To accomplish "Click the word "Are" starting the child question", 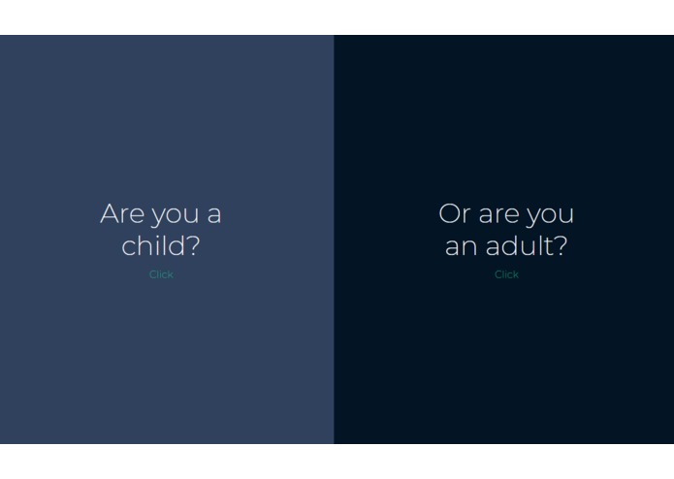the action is coord(122,213).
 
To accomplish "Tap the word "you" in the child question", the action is coord(176,216).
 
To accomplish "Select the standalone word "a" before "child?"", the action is coord(214,214).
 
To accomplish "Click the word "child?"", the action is coord(161,245).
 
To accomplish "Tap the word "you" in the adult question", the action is coord(550,216).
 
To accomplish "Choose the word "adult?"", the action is coord(527,245).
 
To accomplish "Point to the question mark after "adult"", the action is coord(561,245).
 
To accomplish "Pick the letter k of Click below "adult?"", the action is coord(516,274).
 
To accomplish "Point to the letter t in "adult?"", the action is coord(548,246).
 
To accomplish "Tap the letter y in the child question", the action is coord(158,216).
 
